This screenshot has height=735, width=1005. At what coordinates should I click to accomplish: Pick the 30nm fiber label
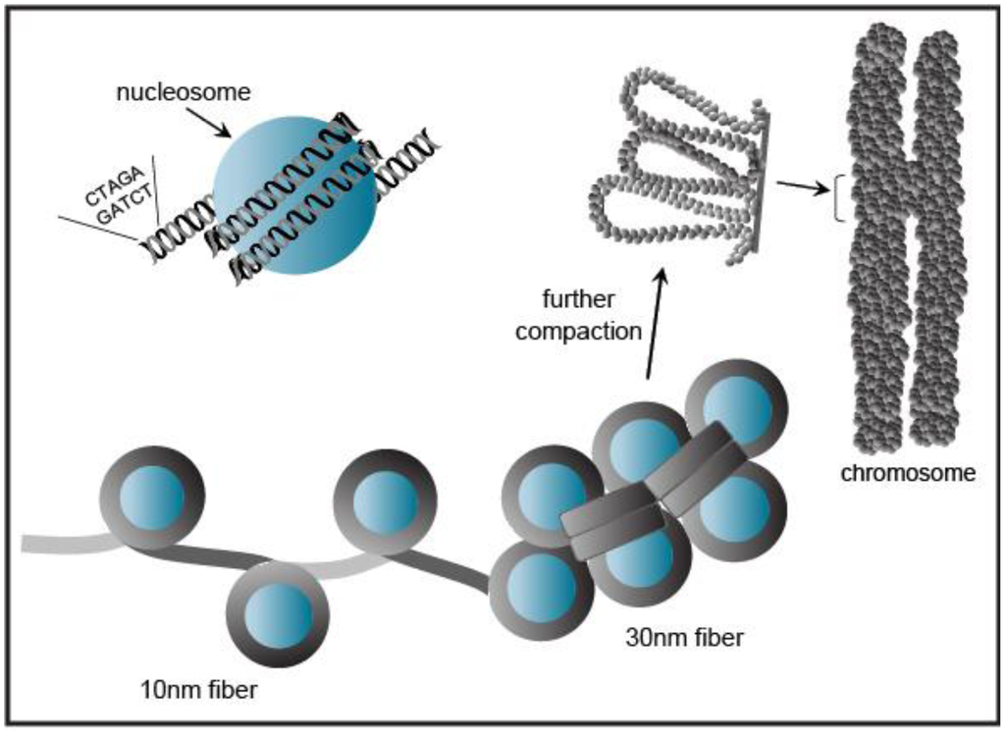click(684, 638)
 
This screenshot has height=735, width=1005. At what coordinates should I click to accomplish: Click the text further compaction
click(578, 314)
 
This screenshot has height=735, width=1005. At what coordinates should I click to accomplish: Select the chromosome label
click(908, 473)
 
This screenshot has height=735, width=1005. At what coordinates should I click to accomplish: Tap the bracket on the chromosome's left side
click(839, 195)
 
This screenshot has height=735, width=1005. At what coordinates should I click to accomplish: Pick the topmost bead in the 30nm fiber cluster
click(735, 404)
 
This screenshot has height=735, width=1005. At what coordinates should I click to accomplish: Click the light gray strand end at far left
click(44, 542)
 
